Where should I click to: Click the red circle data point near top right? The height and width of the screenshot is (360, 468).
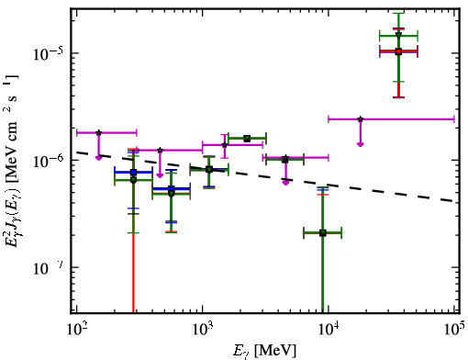pos(398,51)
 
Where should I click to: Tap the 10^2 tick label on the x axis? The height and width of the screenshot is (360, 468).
pos(76,330)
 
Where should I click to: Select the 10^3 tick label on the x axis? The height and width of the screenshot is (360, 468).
pos(202,330)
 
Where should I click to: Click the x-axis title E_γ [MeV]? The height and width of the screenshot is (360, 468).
pos(264,351)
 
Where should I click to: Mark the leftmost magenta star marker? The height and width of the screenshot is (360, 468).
pos(98,132)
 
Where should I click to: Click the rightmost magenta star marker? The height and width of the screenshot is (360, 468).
pos(361,119)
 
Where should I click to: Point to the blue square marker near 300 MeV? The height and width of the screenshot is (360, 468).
pos(133,173)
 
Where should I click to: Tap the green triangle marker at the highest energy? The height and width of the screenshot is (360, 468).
pos(398,35)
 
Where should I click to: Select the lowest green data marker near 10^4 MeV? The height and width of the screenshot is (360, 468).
pos(323,233)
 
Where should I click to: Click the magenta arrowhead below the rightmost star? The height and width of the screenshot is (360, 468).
pos(361,144)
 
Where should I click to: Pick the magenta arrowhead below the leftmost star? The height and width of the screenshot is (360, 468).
pos(98,158)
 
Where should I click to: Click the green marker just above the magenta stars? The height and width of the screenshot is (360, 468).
pos(247,139)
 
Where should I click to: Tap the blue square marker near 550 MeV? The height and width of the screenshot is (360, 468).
pos(172,189)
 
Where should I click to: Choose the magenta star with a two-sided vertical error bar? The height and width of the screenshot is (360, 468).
pos(225,145)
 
